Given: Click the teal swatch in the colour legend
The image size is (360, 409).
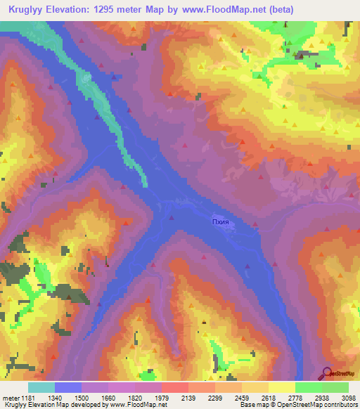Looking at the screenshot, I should [x=41, y=387].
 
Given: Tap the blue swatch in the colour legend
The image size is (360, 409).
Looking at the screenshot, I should [x=67, y=387].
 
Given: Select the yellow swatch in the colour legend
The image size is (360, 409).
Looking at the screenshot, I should [x=281, y=387].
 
